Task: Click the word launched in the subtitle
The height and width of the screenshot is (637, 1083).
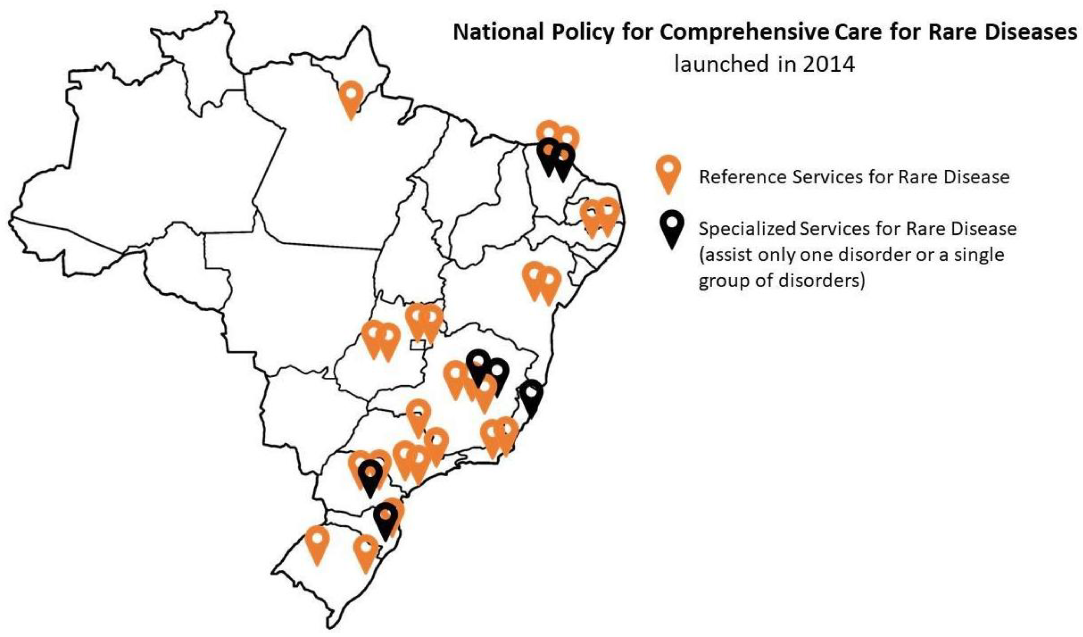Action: point(721,64)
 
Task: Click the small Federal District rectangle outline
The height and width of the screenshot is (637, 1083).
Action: point(418,344)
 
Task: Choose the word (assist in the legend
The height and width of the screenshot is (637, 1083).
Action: point(723,255)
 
